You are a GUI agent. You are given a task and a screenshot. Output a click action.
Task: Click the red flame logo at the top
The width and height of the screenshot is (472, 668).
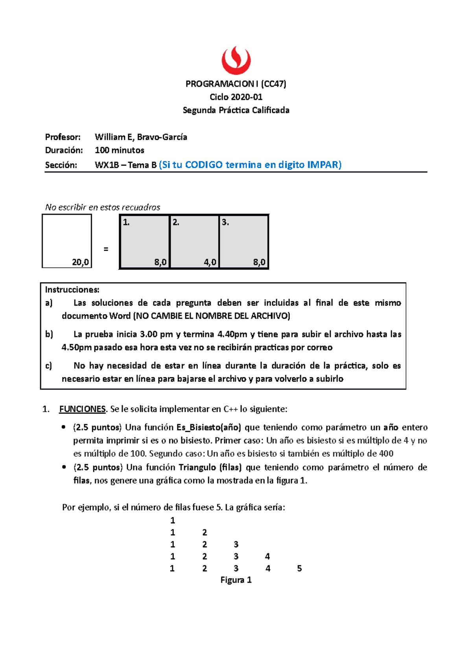coord(236,60)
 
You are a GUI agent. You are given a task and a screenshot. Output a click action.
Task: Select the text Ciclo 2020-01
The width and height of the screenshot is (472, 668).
coord(236,97)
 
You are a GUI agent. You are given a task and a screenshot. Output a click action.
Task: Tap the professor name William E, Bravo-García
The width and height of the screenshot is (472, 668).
coord(141,137)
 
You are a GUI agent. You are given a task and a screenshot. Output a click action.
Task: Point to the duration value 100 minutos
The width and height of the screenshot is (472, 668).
coord(120,150)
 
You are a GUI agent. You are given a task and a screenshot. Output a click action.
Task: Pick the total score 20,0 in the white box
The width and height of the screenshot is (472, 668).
coord(80,262)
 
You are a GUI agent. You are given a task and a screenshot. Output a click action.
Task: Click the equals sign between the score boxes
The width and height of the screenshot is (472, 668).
coord(105,249)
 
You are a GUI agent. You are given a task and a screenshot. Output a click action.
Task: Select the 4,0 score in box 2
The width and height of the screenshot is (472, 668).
coord(210,262)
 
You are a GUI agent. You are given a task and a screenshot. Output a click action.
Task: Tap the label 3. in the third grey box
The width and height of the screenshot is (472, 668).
coord(225,222)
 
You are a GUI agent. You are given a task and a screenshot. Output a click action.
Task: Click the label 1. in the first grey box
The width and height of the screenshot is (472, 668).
coord(126,222)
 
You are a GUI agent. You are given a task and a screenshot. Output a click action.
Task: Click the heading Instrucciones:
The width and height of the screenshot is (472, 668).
coord(72,290)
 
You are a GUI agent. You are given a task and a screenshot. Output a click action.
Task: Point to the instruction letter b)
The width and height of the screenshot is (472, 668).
coord(49,334)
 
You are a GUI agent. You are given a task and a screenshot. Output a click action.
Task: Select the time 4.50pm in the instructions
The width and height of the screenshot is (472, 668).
coord(76,347)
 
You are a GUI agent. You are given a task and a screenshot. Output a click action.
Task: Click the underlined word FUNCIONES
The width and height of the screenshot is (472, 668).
coord(82,409)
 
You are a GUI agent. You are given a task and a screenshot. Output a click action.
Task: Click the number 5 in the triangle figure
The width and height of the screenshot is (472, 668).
coord(299,568)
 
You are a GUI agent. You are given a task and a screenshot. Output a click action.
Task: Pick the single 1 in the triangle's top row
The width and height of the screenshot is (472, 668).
coord(172,520)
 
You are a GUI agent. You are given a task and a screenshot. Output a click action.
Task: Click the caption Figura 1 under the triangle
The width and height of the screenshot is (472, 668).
coord(236,580)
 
